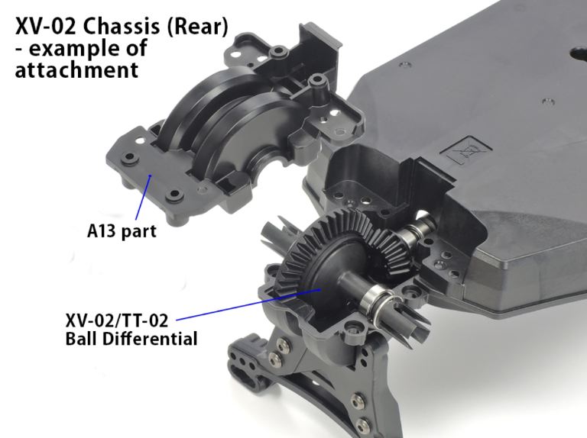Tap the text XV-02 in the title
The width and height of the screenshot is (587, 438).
[x=45, y=27]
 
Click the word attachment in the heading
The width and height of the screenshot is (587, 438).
[x=76, y=70]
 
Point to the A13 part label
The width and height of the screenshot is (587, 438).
[x=122, y=230]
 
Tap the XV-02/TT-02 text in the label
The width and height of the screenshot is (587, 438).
[x=117, y=320]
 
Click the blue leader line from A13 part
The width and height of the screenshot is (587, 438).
[x=143, y=198]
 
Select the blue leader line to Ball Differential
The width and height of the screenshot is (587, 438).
[x=248, y=304]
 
